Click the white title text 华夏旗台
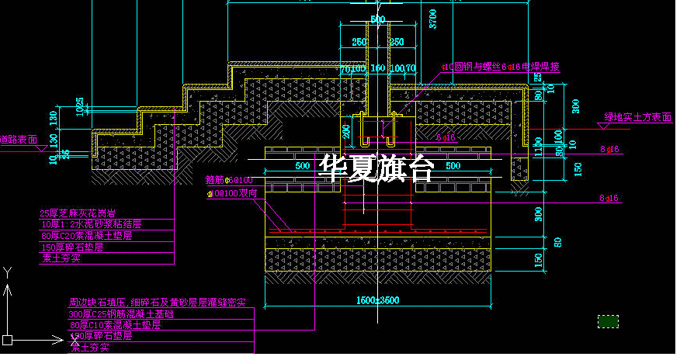point(377,168)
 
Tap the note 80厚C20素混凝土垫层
point(85,234)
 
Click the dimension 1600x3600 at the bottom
point(377,300)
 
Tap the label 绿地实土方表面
point(637,117)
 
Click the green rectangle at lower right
point(608,320)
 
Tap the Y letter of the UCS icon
point(7,272)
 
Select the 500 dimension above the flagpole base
point(377,19)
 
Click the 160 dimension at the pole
point(377,68)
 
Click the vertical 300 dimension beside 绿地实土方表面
point(574,106)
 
